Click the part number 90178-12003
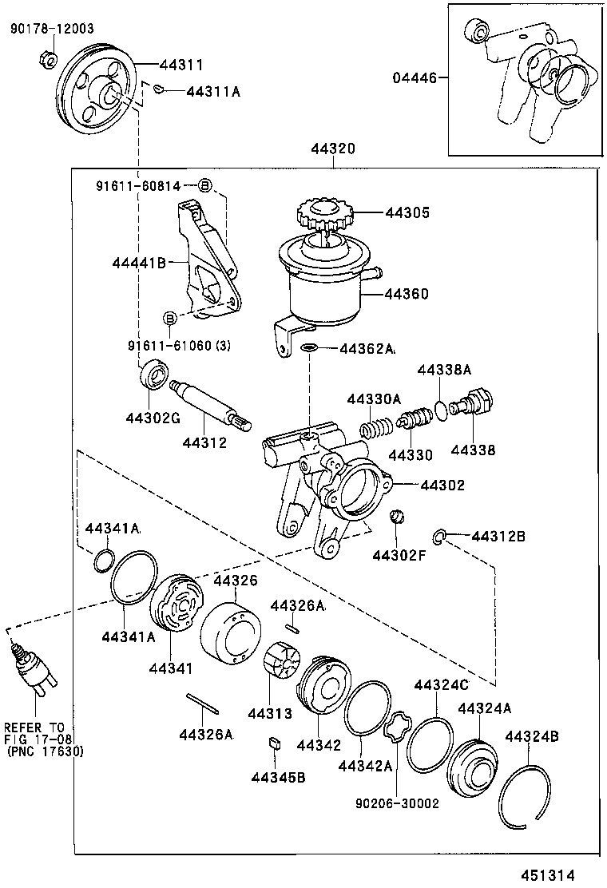click(52, 29)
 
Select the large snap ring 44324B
click(524, 792)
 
